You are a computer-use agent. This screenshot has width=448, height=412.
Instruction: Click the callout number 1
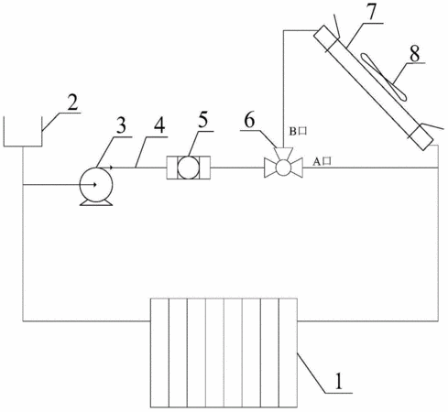[x=339, y=380]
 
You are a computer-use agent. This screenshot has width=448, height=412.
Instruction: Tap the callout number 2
[x=71, y=103]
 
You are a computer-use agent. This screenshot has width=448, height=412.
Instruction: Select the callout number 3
[x=122, y=125]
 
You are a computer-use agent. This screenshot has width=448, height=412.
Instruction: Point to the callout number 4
[x=158, y=125]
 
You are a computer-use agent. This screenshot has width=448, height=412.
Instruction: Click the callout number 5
[x=203, y=120]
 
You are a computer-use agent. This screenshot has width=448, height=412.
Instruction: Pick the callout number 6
[x=249, y=120]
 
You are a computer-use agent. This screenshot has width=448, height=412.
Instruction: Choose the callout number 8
[x=415, y=53]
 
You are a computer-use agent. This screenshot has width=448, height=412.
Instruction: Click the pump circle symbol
[x=96, y=185]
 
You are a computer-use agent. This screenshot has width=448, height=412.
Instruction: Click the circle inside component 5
[x=188, y=168]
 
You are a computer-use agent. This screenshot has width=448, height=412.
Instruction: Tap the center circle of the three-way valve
[x=283, y=168]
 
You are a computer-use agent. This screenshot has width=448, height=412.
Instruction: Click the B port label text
[x=298, y=131]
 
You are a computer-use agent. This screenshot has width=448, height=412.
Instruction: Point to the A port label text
[x=322, y=162]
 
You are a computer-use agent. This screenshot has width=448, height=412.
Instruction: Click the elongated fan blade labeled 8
[x=384, y=77]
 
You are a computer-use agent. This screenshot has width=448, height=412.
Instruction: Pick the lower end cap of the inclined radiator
[x=421, y=137]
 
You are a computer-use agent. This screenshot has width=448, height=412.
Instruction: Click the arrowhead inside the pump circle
[x=94, y=184]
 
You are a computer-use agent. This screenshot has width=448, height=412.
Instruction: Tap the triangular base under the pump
[x=96, y=203]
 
